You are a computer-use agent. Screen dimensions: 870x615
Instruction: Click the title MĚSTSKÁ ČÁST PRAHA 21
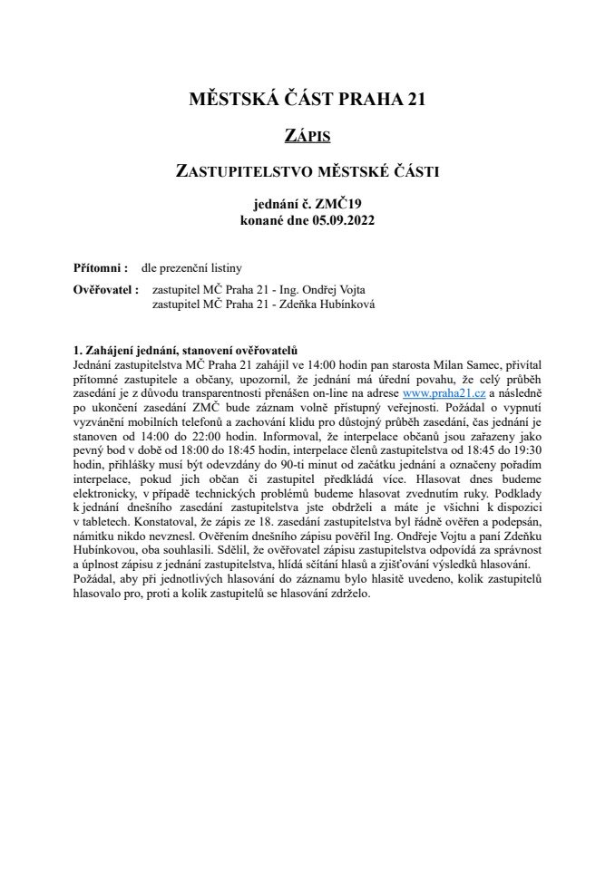pyautogui.click(x=307, y=100)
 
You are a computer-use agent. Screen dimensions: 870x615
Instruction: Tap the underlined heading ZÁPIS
pyautogui.click(x=307, y=137)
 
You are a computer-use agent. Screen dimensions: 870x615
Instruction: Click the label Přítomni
pyautogui.click(x=100, y=268)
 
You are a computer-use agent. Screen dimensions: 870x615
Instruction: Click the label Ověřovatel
pyautogui.click(x=105, y=290)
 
